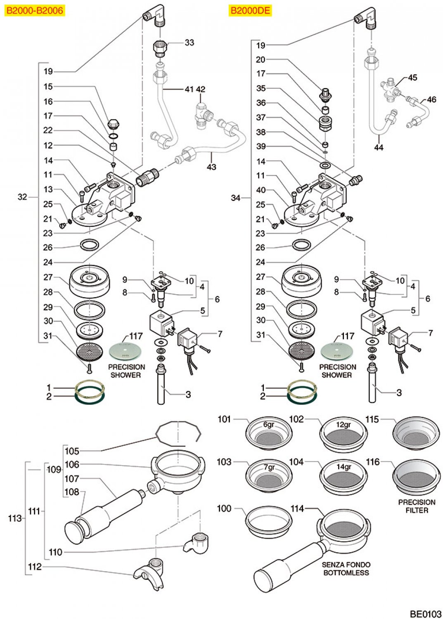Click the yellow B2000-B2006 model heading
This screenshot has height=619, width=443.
(35, 10)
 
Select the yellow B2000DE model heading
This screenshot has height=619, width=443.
(250, 10)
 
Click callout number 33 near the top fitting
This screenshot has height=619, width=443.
(189, 43)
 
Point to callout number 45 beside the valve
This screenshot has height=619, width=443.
(412, 78)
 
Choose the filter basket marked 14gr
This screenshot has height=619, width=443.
(344, 476)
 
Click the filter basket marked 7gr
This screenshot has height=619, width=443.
(269, 476)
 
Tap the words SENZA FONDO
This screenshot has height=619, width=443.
(346, 565)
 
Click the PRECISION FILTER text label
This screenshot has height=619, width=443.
(417, 506)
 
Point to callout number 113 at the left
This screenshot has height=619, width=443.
(15, 518)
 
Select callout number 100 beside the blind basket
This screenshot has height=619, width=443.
(224, 508)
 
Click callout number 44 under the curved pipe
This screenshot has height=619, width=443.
(379, 147)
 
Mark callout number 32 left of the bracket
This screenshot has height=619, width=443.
(22, 197)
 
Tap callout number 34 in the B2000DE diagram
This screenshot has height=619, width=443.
(236, 198)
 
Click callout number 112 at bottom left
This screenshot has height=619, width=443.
(35, 567)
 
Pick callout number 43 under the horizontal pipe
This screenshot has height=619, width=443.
(211, 167)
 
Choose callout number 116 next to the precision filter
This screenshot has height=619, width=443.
(372, 462)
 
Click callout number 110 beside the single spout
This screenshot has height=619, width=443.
(55, 552)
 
